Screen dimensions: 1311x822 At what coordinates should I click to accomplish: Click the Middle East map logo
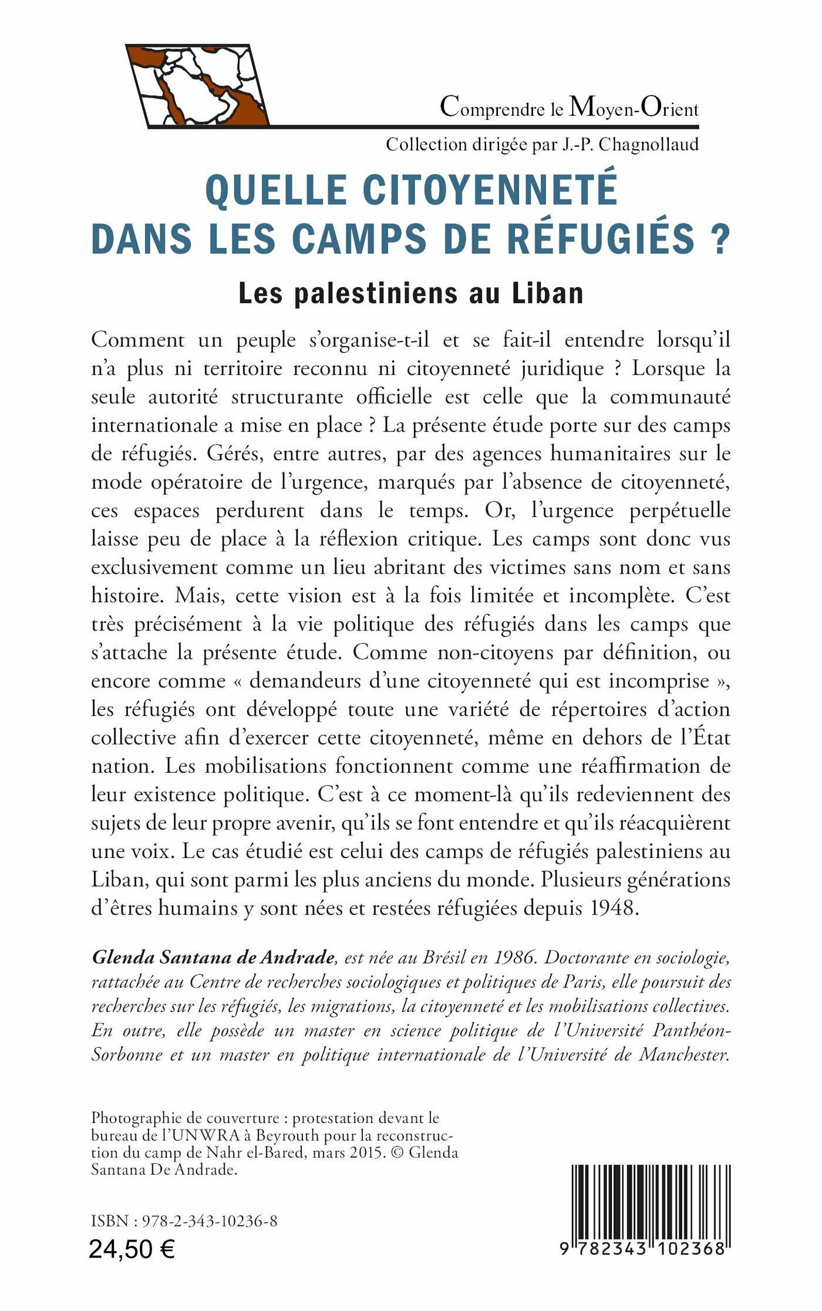coord(197,85)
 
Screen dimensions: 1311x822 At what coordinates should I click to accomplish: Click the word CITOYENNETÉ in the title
coord(490,190)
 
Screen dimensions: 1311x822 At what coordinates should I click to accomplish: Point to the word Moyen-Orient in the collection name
coord(634,108)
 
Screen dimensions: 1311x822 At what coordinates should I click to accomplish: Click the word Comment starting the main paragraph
coord(138,340)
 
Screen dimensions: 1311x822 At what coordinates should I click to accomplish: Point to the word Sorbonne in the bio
coord(127,1055)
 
